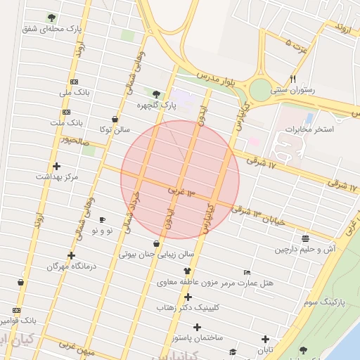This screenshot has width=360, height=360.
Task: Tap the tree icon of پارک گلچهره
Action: (x=156, y=94)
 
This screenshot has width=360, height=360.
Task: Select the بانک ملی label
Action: (x=75, y=92)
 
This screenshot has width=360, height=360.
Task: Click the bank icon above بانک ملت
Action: (x=66, y=112)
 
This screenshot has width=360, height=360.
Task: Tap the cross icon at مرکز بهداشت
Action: (x=56, y=167)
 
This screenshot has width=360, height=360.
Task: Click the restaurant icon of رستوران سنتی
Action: (x=292, y=79)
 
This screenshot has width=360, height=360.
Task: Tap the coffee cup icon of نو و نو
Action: (x=102, y=220)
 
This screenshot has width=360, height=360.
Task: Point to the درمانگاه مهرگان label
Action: (x=71, y=266)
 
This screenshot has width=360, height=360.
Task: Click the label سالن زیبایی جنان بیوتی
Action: (x=155, y=255)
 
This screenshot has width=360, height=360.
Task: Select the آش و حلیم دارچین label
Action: (x=305, y=249)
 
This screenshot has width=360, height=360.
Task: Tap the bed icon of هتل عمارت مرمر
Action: (x=247, y=271)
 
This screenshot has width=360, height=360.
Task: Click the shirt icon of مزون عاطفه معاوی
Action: (x=187, y=270)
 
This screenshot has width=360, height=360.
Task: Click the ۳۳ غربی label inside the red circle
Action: (x=181, y=191)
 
